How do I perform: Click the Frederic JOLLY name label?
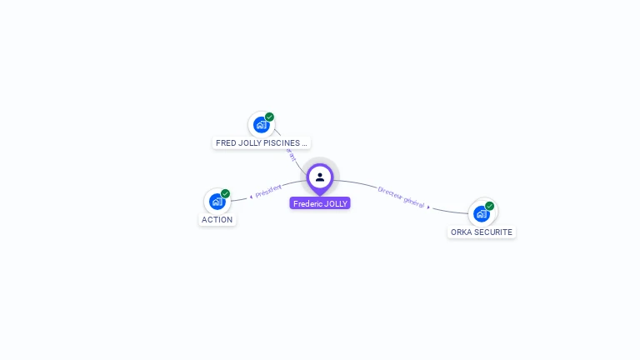pos(320,203)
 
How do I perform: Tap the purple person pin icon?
pos(320,177)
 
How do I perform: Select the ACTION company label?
pos(217,220)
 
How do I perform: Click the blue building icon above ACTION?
pos(217,201)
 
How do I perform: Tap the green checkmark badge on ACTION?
pos(225,193)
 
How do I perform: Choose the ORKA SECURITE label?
pos(482,232)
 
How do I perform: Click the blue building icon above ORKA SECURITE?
pos(481,213)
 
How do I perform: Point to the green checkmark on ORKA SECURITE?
pos(489,206)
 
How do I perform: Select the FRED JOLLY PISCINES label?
pos(262,143)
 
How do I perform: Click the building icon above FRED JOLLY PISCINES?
pos(261,125)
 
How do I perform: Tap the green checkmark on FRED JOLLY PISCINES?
pos(269,117)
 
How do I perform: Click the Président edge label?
pos(268,191)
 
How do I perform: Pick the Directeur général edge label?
pos(401,197)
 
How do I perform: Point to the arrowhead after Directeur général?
pos(429,207)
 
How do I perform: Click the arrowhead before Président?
pos(251,197)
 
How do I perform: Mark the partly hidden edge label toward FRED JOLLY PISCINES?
pos(292,155)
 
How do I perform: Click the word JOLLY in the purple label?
pos(335,203)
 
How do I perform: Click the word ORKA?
pos(461,232)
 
